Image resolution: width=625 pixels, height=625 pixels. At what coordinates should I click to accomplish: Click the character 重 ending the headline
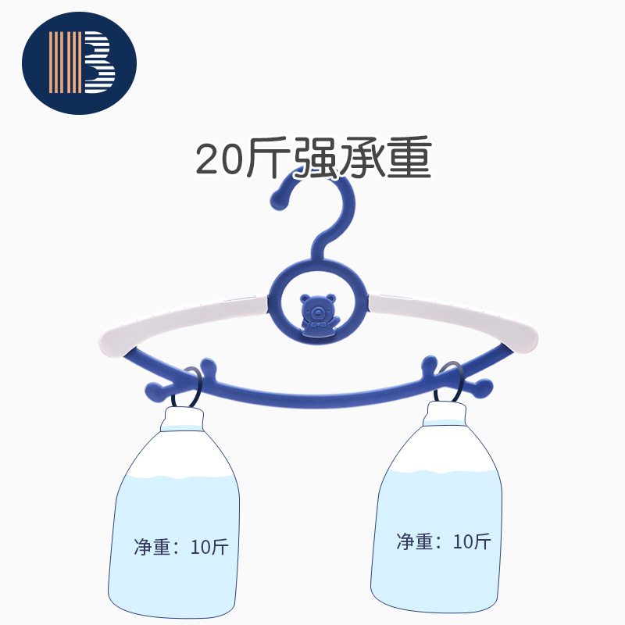(x=409, y=159)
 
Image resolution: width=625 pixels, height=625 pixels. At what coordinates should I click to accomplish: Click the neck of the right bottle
(x=446, y=416)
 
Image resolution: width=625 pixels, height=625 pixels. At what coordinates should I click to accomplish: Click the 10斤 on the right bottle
(x=472, y=541)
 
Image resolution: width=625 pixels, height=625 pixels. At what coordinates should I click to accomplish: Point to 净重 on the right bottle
(x=415, y=541)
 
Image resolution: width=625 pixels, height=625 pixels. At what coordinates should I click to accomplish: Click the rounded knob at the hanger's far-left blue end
(x=152, y=389)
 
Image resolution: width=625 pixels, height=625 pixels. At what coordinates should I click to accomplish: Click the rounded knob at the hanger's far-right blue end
(x=484, y=385)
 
